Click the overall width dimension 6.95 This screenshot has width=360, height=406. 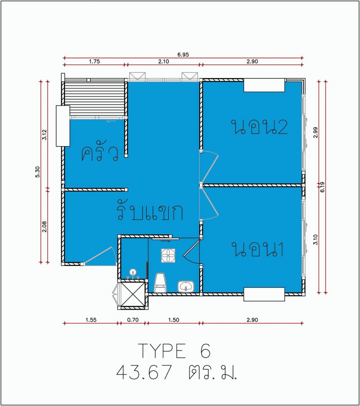[x=183, y=55]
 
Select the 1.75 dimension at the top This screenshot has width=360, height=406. [x=94, y=61]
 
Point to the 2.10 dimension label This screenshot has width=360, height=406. [x=164, y=61]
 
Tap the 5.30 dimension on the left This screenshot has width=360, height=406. [x=38, y=172]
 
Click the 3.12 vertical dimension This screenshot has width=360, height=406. [x=44, y=135]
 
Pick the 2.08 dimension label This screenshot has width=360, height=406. [x=44, y=226]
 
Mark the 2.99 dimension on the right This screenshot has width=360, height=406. [x=316, y=132]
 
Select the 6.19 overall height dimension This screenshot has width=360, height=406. [x=322, y=187]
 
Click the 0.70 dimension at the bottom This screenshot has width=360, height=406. [x=133, y=320]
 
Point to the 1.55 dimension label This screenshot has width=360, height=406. [x=91, y=320]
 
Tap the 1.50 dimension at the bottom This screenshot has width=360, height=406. [x=174, y=320]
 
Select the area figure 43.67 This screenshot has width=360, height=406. [x=144, y=372]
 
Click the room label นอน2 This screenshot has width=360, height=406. [x=260, y=127]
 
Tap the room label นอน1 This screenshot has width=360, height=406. [x=257, y=249]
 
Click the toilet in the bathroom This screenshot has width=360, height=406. [x=160, y=283]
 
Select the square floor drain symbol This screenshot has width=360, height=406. [x=168, y=256]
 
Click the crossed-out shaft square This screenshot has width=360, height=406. [x=133, y=295]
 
